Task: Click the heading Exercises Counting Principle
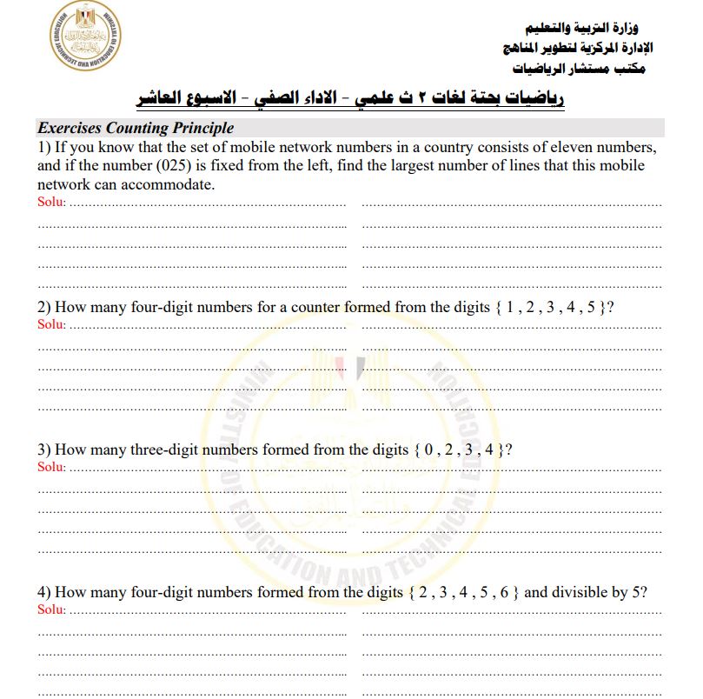pos(136,129)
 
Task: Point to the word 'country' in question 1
pos(478,148)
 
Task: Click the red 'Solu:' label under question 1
pos(52,202)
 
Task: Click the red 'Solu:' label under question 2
pos(52,324)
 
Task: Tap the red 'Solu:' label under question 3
pos(52,467)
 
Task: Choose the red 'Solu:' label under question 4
pos(52,609)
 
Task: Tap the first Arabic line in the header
pos(588,29)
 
